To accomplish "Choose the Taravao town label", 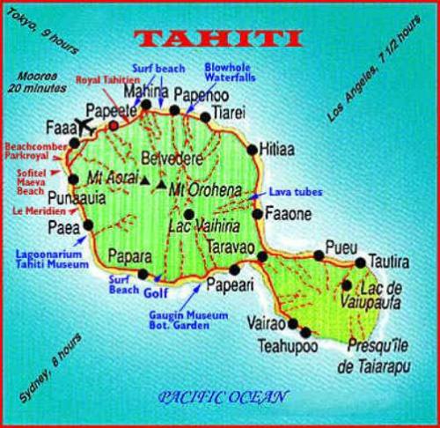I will [x=231, y=247].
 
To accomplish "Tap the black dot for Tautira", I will [x=360, y=262].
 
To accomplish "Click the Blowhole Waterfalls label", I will [x=230, y=71].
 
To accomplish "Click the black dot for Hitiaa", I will [x=253, y=149].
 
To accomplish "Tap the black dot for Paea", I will [x=87, y=225].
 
